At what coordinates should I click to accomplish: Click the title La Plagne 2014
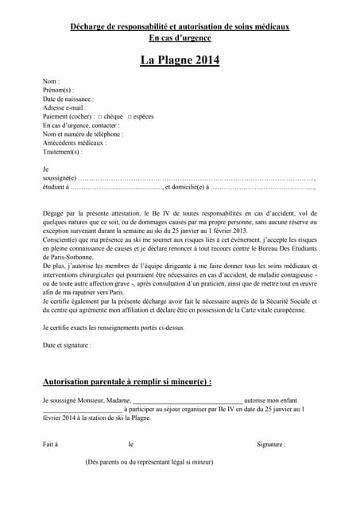pyautogui.click(x=180, y=60)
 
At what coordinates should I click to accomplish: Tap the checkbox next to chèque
pyautogui.click(x=100, y=116)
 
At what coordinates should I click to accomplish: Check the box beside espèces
pyautogui.click(x=130, y=116)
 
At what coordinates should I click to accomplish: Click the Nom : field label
pyautogui.click(x=51, y=82)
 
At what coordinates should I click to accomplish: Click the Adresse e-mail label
pyautogui.click(x=64, y=107)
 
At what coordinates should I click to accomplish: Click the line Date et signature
pyautogui.click(x=67, y=345)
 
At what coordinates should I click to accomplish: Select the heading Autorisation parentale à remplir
pyautogui.click(x=127, y=382)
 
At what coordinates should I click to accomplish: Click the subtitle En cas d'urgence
pyautogui.click(x=180, y=37)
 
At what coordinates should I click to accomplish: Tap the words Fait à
pyautogui.click(x=51, y=444)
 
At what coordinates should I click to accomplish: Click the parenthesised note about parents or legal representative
pyautogui.click(x=149, y=461)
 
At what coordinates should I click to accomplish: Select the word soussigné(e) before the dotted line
pyautogui.click(x=60, y=178)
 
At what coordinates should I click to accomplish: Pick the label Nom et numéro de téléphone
pyautogui.click(x=83, y=134)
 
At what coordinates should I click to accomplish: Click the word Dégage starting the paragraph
pyautogui.click(x=54, y=213)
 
